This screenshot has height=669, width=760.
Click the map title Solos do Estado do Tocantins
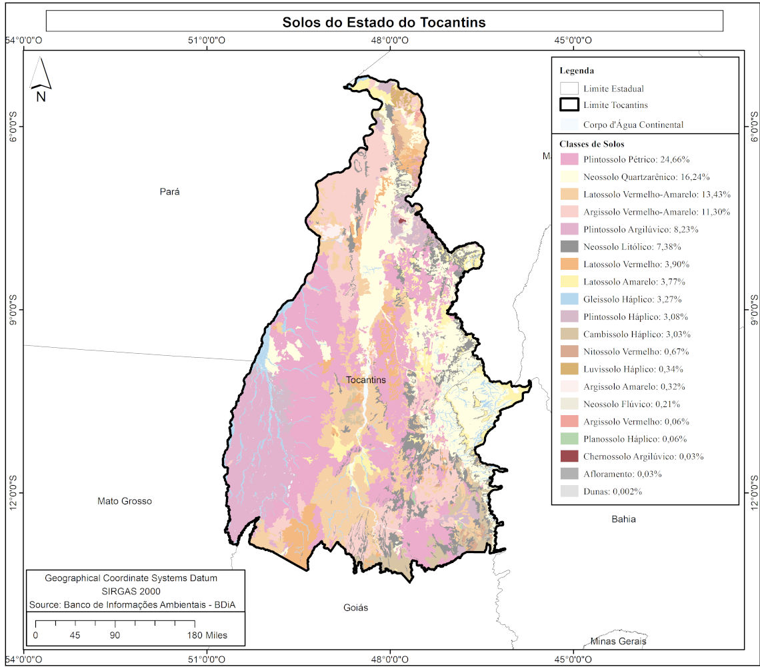(x=384, y=22)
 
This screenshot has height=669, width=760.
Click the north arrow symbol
(x=41, y=75)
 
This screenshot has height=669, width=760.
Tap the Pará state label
(x=170, y=192)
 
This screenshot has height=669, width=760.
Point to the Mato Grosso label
(x=125, y=501)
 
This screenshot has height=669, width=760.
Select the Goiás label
(x=355, y=608)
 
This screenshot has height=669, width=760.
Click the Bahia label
(x=623, y=519)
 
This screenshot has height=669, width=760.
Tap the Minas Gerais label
(x=618, y=641)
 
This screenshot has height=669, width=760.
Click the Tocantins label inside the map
(x=366, y=380)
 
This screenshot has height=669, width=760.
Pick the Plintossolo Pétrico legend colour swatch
(x=569, y=160)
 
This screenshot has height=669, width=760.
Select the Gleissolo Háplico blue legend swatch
(x=569, y=299)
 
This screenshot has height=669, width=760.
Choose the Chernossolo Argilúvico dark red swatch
(x=569, y=456)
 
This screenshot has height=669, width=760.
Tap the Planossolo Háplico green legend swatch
(x=569, y=439)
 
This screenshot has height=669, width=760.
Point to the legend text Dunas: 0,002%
(x=613, y=492)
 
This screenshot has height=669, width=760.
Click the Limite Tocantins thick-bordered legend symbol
(x=569, y=105)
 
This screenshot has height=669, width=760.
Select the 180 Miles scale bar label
(x=207, y=635)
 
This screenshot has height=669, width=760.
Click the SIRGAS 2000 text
(x=135, y=591)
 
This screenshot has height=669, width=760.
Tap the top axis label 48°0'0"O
(x=390, y=40)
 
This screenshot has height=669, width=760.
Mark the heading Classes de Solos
(x=592, y=144)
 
